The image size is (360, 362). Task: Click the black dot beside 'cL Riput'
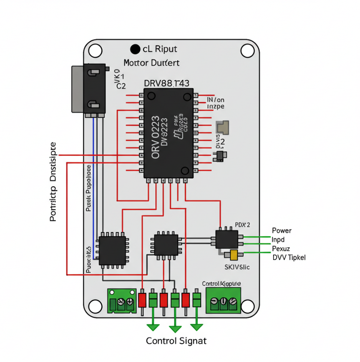click(135, 49)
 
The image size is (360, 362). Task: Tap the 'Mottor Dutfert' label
click(151, 63)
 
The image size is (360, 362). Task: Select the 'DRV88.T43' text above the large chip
click(166, 83)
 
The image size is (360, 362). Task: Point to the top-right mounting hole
click(247, 51)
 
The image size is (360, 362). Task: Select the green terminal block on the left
click(122, 301)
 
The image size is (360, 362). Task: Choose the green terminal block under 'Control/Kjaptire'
click(223, 301)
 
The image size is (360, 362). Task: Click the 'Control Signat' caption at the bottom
click(176, 341)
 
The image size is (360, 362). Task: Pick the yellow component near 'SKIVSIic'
click(233, 255)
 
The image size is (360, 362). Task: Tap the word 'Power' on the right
click(282, 230)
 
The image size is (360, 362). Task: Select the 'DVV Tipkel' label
click(289, 257)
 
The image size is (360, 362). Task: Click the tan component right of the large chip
click(223, 127)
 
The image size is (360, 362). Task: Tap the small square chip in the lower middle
click(166, 244)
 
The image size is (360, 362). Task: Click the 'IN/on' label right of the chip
click(216, 100)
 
